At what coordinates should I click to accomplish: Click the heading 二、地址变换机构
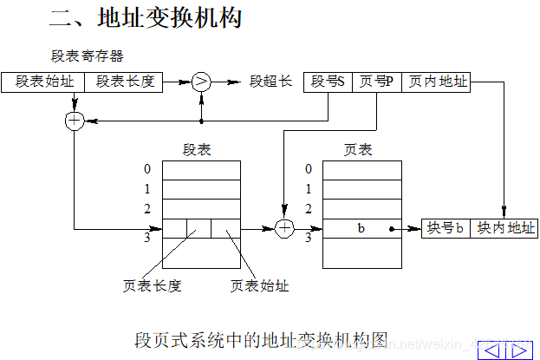coord(146,16)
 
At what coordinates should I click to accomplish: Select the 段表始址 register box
coord(44,82)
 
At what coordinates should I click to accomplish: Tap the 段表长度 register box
coord(125,82)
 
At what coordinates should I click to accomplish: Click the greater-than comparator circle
coord(201,82)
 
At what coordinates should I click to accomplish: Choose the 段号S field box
coord(329,82)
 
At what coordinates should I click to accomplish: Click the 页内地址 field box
coord(439,82)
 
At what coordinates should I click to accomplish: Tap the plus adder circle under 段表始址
coord(75,121)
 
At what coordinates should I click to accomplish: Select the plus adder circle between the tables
coord(285,229)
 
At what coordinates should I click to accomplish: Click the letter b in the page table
coord(361,229)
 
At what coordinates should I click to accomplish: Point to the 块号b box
coord(446,229)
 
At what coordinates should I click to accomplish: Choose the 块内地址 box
coord(502,229)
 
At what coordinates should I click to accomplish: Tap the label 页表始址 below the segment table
coord(259,285)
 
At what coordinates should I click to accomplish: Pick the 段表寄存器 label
coord(88,56)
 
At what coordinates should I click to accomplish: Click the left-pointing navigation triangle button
coord(495,350)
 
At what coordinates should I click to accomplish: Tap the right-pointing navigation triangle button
coord(521,350)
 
